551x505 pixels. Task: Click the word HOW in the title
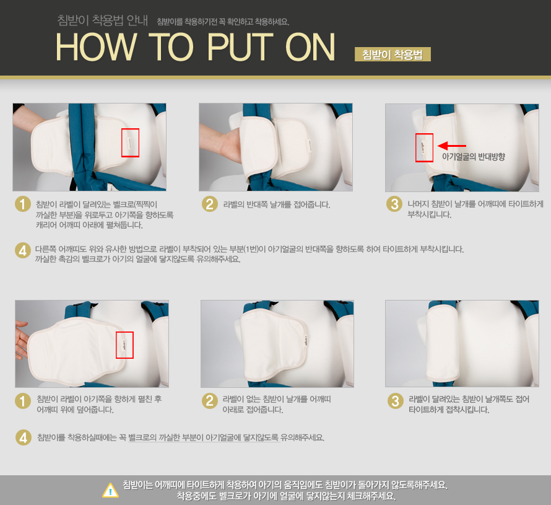[x=96, y=47]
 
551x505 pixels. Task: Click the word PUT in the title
[x=240, y=47]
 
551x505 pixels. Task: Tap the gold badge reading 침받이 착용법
[x=393, y=54]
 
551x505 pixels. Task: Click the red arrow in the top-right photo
[x=452, y=146]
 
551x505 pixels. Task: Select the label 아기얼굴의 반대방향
[x=474, y=157]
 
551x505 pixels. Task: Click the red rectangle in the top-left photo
[x=131, y=143]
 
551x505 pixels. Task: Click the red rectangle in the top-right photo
[x=424, y=147]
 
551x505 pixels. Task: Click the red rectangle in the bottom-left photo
[x=124, y=345]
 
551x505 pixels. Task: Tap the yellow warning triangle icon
[x=110, y=490]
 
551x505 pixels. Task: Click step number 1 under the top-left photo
[x=23, y=204]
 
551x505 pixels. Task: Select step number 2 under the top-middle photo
[x=210, y=204]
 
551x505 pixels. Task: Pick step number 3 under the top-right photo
[x=394, y=204]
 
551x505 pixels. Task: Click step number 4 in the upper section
[x=23, y=250]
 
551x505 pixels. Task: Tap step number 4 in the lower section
[x=24, y=437]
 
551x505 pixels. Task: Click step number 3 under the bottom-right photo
[x=396, y=401]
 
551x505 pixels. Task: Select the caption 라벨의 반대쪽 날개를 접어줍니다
[x=277, y=204]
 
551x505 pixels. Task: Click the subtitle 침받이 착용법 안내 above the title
[x=103, y=20]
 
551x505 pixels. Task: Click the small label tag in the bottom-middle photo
[x=305, y=340]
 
